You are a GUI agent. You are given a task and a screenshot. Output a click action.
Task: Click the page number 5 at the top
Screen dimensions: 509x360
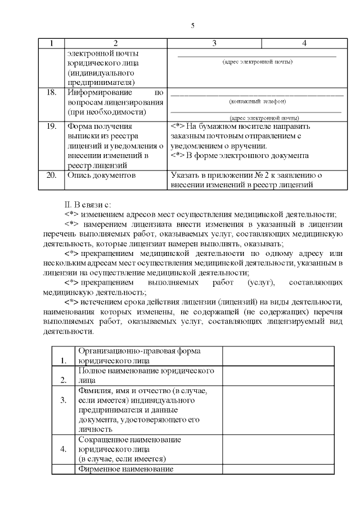pos(192,26)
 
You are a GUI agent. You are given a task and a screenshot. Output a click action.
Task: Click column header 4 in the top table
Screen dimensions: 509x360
pos(304,43)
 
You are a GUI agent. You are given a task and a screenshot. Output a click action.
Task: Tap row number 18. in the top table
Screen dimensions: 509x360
pos(51,92)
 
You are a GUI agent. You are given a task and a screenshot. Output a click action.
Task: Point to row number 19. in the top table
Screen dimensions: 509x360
pos(51,127)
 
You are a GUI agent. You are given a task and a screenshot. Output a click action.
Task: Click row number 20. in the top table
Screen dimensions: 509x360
pos(51,175)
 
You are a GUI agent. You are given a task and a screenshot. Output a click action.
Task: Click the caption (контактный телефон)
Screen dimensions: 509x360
pos(258,101)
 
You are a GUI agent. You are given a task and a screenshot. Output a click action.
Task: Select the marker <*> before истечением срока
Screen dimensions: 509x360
pos(71,302)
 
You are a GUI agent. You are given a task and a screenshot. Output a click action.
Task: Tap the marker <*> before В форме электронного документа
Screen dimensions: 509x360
pos(177,155)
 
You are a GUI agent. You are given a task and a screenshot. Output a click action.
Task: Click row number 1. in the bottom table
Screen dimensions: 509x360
pos(64,361)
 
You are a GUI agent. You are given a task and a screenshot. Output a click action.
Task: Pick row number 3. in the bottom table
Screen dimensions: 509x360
pos(64,400)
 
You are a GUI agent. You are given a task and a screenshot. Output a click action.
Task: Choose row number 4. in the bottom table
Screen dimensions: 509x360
pos(64,449)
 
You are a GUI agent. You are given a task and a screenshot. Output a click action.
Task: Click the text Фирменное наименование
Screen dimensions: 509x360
pos(125,469)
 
